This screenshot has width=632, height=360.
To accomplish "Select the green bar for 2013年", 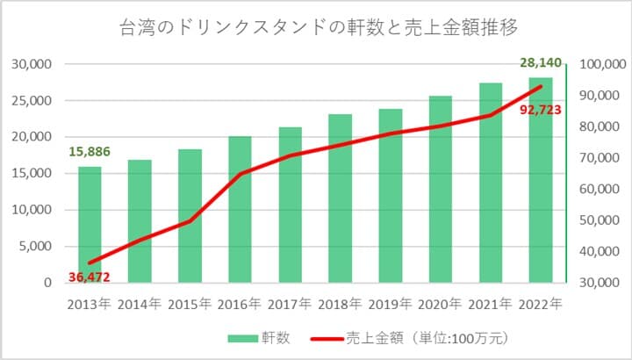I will tap(90, 225).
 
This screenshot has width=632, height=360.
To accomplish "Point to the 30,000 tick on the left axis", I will tap(32, 64).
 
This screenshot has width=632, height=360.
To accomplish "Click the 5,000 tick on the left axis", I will tap(36, 247).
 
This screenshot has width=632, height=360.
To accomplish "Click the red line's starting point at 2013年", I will tap(90, 263).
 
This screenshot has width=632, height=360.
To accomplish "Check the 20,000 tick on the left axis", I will tap(32, 137).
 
